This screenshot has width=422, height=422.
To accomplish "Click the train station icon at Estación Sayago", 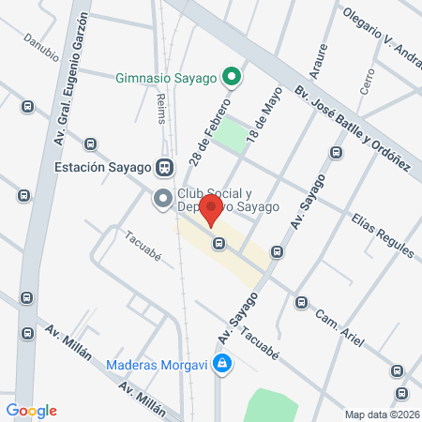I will tap(165, 168).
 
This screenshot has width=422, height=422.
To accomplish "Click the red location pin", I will tap(213, 212).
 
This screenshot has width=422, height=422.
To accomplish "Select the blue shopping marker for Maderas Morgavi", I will tap(221, 363).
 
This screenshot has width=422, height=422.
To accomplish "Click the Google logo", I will tap(31, 410).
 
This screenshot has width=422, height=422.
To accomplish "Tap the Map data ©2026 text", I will tap(381, 414).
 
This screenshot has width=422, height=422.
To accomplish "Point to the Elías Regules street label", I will tap(382, 235).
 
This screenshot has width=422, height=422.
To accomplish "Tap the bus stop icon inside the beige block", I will tap(219, 243).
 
